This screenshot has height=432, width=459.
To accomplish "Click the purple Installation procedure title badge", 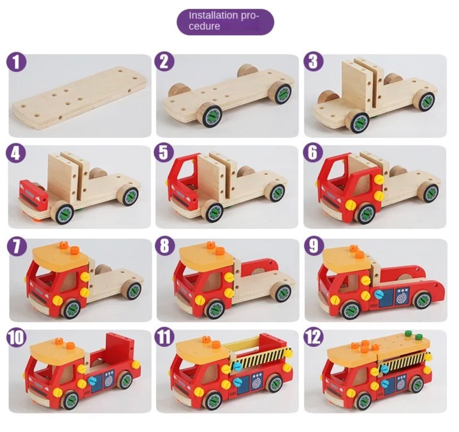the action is pyautogui.click(x=225, y=22).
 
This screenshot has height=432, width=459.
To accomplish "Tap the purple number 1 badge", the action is pyautogui.click(x=16, y=62).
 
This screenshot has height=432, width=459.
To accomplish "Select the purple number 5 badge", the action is pyautogui.click(x=164, y=153).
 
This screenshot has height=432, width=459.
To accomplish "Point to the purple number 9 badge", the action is pyautogui.click(x=314, y=246).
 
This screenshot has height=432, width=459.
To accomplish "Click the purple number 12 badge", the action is pyautogui.click(x=314, y=337).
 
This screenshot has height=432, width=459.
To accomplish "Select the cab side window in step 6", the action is pyautogui.click(x=362, y=185).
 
